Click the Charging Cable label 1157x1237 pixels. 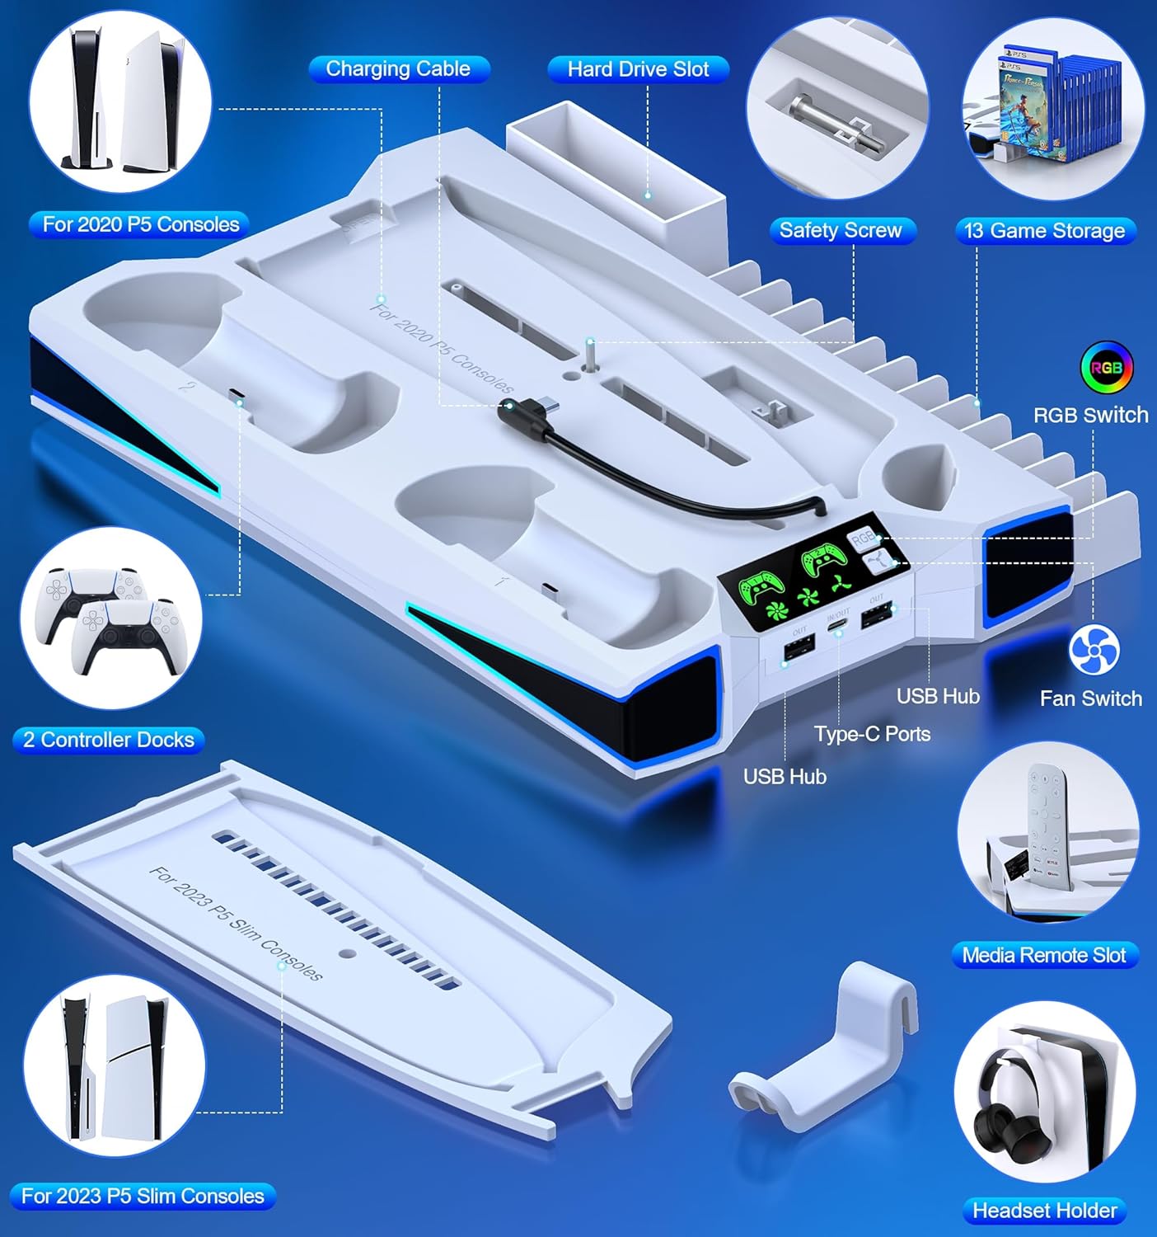coord(398,69)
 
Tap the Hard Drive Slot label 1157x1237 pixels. coord(638,69)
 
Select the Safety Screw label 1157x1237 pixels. coord(840,231)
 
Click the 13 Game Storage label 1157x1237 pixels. coord(1044,231)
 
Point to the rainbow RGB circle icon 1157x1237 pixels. coord(1106,368)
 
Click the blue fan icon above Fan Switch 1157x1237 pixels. coord(1094,650)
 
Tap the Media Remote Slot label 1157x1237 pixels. coord(1043,956)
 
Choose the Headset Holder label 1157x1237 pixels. coord(1044,1211)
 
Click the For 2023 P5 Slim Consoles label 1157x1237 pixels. coord(143,1196)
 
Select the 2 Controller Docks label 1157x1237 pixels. coord(109,740)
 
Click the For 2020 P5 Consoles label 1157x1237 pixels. coord(140,224)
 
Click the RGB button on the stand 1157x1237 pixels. coord(862,539)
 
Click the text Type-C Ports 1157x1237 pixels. coord(872,734)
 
